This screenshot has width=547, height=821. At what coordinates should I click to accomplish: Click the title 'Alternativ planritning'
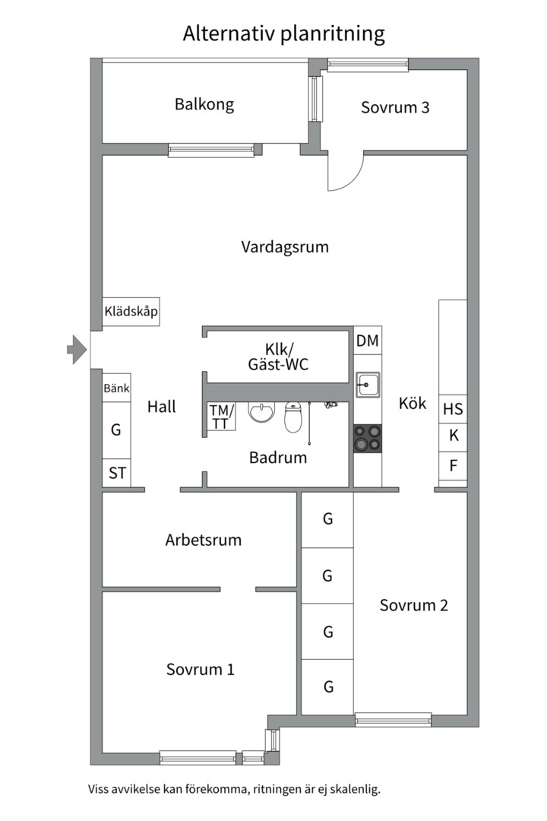tap(283, 33)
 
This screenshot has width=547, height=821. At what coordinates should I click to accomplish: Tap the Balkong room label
tap(204, 104)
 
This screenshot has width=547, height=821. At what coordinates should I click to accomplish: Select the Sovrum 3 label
tap(395, 107)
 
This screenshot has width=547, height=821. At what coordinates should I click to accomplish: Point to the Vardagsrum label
tap(285, 247)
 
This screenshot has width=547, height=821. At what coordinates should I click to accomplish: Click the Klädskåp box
tap(131, 312)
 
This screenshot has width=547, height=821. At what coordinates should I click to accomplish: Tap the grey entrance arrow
tap(76, 350)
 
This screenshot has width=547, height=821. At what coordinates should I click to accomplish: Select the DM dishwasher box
tap(368, 341)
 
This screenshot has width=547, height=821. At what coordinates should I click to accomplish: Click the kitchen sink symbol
tap(368, 385)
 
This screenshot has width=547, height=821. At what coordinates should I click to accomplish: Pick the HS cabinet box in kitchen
tap(453, 409)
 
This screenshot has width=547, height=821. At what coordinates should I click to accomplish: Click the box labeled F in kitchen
tap(453, 465)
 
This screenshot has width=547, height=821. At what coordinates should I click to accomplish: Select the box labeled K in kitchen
tap(453, 436)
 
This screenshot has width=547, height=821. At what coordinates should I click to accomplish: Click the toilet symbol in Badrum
tap(294, 417)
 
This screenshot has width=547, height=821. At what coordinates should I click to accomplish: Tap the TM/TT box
tap(221, 417)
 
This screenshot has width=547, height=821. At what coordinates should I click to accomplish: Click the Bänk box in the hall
tap(116, 388)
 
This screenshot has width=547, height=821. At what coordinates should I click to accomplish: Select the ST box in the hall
tap(116, 473)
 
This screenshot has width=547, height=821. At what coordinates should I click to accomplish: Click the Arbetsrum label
tap(203, 540)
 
